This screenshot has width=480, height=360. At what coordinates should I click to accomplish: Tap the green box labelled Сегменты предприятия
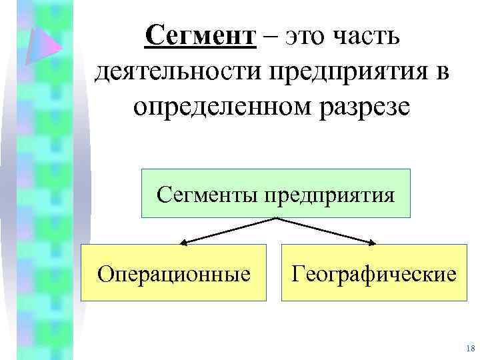tap(275, 193)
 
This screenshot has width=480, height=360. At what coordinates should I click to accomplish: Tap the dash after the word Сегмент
tap(271, 36)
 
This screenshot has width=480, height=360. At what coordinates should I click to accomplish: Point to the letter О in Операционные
tap(104, 273)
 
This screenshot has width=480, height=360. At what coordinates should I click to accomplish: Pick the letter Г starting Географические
tap(296, 273)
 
